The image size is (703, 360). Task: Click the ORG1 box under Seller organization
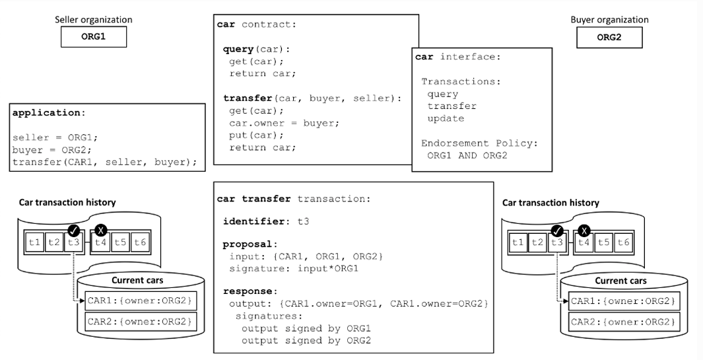(x=94, y=37)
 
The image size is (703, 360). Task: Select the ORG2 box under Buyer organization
(x=609, y=37)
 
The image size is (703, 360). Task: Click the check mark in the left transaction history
(x=74, y=231)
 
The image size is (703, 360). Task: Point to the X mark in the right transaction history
(x=584, y=231)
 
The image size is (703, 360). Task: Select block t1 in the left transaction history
(x=34, y=242)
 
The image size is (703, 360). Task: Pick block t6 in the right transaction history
(x=623, y=243)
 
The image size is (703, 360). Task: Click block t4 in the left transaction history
(x=101, y=242)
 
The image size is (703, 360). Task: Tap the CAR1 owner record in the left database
(x=141, y=301)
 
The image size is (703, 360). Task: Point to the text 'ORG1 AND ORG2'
(x=467, y=155)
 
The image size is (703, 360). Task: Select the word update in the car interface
(x=446, y=118)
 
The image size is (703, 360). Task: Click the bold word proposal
(x=248, y=244)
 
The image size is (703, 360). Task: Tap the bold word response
(x=248, y=291)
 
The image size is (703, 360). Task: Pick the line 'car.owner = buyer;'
(x=285, y=123)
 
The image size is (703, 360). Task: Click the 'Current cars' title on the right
(x=621, y=281)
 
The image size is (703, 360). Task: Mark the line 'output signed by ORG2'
(x=306, y=340)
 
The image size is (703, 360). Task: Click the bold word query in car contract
(x=238, y=49)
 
